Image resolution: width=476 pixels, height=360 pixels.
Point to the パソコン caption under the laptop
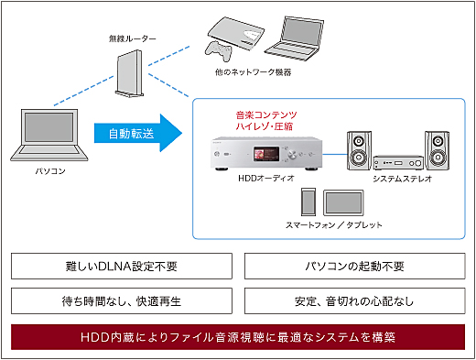click(48, 170)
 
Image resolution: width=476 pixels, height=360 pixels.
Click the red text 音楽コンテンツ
click(266, 115)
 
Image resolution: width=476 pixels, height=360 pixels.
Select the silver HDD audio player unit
click(266, 152)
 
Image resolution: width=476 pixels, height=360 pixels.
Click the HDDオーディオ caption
click(266, 179)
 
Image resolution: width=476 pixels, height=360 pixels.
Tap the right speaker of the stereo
click(438, 152)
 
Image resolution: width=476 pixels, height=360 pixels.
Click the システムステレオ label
click(400, 179)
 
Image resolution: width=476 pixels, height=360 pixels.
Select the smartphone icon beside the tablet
click(308, 201)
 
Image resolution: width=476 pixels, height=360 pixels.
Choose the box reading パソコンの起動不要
click(354, 267)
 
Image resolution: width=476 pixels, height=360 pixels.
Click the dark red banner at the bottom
click(237, 336)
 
